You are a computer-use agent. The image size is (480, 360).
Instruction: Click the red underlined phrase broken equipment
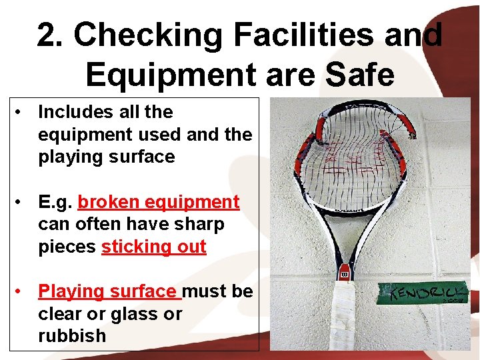pyautogui.click(x=159, y=202)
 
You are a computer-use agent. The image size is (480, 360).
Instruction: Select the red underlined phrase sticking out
pyautogui.click(x=153, y=247)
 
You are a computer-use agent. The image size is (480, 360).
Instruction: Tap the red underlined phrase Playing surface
pyautogui.click(x=107, y=291)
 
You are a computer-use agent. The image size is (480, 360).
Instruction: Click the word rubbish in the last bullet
pyautogui.click(x=72, y=336)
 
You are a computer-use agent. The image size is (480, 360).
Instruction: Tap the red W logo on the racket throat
pyautogui.click(x=345, y=274)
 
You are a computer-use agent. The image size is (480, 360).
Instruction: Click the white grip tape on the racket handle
pyautogui.click(x=346, y=317)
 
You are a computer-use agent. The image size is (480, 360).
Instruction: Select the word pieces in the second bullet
pyautogui.click(x=67, y=247)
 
